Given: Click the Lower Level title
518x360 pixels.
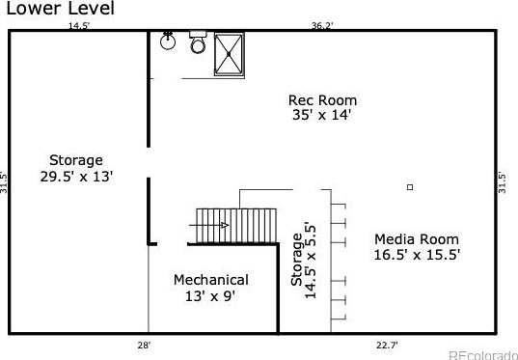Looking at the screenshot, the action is click(x=61, y=9).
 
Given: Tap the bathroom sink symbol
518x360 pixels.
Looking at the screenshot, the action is click(x=168, y=41).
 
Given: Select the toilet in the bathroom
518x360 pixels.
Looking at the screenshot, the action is click(x=198, y=42).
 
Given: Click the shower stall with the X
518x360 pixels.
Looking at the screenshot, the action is click(x=229, y=54).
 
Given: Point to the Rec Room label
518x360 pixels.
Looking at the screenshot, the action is click(x=322, y=100).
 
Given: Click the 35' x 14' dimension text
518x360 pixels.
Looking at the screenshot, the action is click(x=321, y=116).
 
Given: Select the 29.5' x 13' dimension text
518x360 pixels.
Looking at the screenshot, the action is click(x=76, y=177).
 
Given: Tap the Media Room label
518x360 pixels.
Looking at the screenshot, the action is click(x=417, y=239).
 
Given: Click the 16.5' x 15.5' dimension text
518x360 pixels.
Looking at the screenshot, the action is click(x=418, y=255).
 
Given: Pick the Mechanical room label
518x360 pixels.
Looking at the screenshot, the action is click(x=210, y=280).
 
